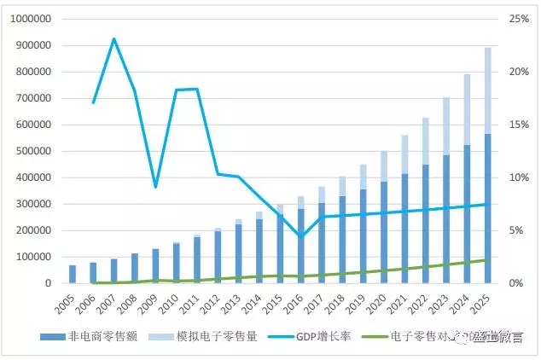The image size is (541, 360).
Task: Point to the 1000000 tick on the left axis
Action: (x=28, y=19)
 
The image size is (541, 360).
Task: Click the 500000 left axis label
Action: (x=32, y=151)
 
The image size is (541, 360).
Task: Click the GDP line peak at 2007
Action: (x=114, y=39)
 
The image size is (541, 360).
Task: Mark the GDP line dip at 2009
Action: (x=155, y=187)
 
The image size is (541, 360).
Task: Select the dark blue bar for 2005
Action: (x=73, y=274)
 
